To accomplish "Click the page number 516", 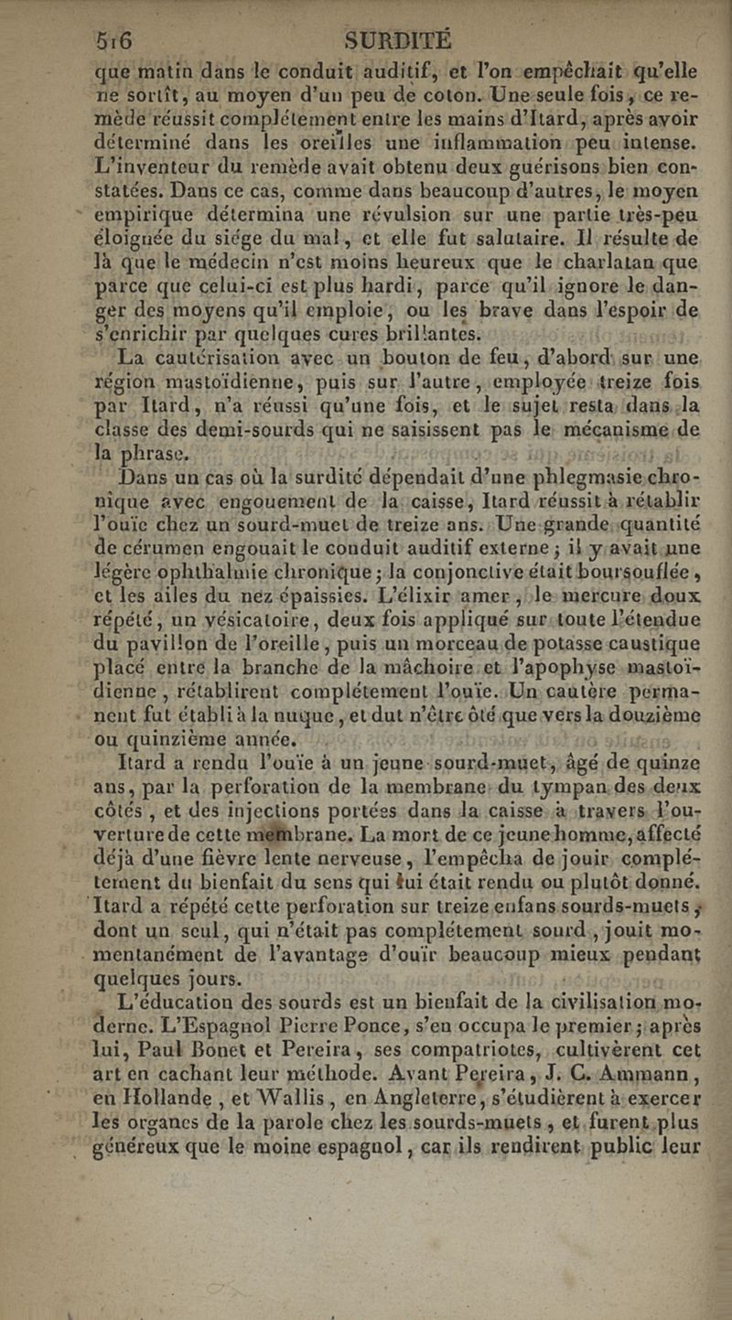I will point(118,41).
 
